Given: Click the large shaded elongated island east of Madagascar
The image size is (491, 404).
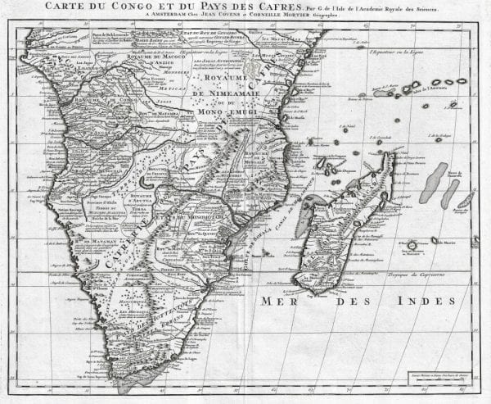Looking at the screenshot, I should click(x=434, y=182).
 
